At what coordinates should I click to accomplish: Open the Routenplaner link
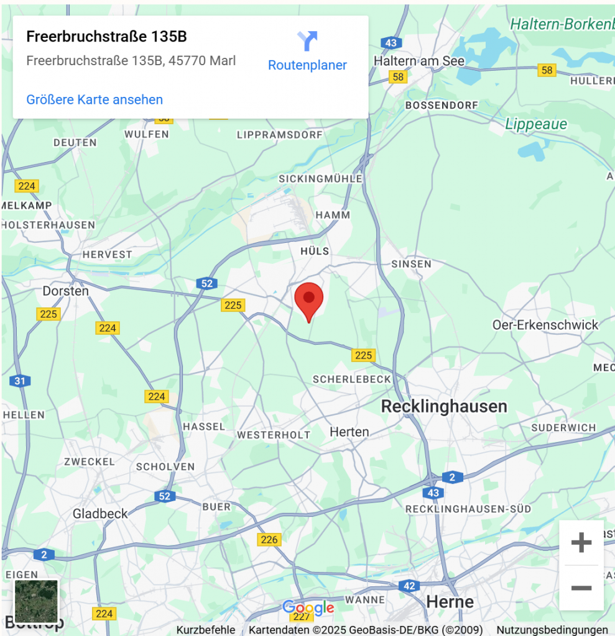[307, 52]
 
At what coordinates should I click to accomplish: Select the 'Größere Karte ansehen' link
[95, 99]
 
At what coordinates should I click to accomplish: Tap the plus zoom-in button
[581, 543]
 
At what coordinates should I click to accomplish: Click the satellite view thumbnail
[37, 601]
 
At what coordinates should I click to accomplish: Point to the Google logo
[308, 607]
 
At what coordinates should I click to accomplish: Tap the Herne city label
[450, 601]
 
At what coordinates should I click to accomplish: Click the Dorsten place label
[65, 291]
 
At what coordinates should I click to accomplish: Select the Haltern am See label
[419, 61]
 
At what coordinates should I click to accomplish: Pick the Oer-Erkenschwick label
[545, 324]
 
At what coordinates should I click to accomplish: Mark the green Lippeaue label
[536, 124]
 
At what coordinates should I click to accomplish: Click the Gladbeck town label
[100, 513]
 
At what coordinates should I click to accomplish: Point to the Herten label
[349, 431]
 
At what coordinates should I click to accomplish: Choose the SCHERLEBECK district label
[352, 379]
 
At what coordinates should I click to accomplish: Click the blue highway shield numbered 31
[20, 381]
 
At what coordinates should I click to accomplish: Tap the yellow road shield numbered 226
[269, 539]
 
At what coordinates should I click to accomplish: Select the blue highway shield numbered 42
[409, 586]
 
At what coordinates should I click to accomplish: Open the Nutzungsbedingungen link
[552, 630]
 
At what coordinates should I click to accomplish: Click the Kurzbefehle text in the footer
[205, 630]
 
